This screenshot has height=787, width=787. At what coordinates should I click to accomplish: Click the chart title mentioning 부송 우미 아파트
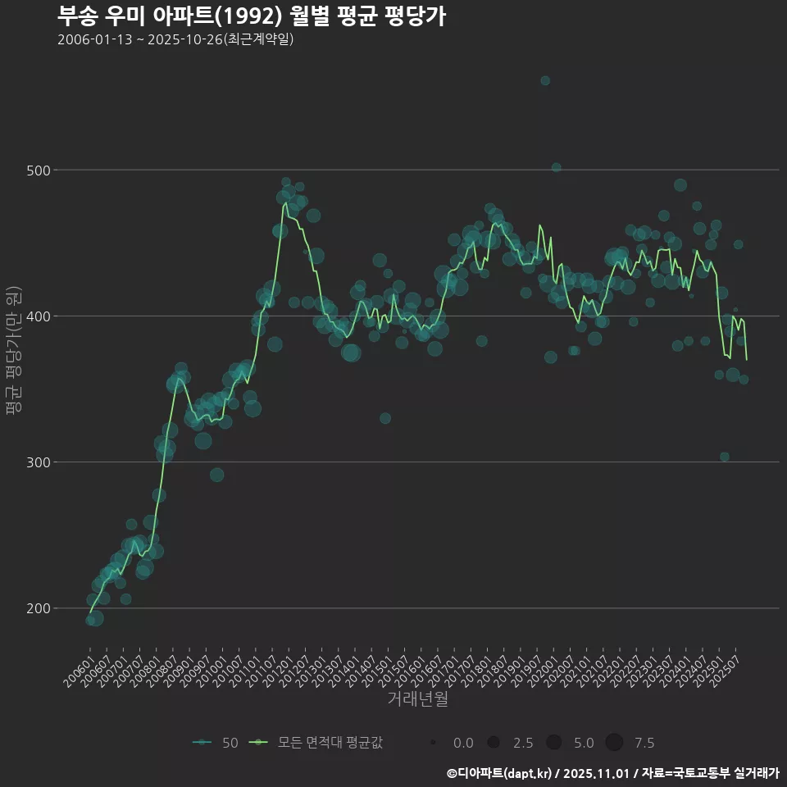[252, 16]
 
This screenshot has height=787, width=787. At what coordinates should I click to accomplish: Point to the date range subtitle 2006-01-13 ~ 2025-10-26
[175, 39]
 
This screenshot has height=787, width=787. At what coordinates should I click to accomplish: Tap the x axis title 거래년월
[417, 699]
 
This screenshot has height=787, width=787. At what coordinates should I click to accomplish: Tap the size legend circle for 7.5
[614, 743]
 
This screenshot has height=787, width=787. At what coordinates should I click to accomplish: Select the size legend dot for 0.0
[432, 743]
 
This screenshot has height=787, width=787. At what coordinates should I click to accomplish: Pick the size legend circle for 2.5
[493, 743]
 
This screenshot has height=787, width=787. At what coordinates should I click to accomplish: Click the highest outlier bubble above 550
[545, 80]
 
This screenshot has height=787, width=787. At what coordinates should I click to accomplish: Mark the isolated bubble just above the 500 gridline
[556, 167]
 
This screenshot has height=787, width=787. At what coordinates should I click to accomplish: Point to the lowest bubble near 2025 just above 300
[724, 457]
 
